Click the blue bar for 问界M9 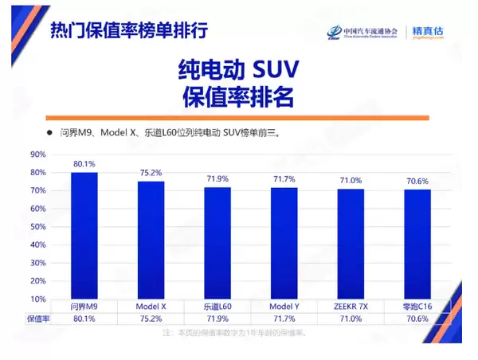point(84,236)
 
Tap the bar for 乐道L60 point(217,243)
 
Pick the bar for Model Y point(284,244)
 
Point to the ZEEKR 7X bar point(351,245)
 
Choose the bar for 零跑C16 point(417,245)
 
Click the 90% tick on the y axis point(37,155)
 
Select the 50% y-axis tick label point(37,227)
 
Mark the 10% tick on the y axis point(37,299)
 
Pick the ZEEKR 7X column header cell point(351,307)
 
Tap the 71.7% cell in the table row point(284,319)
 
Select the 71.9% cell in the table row point(217,319)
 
